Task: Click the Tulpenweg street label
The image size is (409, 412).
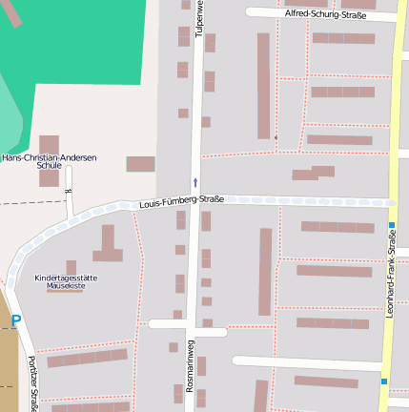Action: click(199, 18)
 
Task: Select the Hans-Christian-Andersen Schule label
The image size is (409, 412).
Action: click(50, 161)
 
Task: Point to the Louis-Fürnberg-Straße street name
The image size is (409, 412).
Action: click(181, 200)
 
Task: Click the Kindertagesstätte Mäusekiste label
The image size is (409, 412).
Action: click(66, 281)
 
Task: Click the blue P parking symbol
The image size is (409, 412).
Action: click(15, 322)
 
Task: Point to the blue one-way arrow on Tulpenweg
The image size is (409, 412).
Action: click(195, 181)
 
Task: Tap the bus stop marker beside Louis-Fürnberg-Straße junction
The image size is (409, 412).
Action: click(392, 226)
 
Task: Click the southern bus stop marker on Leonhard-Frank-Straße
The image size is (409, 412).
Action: click(384, 381)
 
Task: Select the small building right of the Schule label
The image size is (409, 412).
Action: click(140, 164)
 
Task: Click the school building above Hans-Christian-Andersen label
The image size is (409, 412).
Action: click(49, 144)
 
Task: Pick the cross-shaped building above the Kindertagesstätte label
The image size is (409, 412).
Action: click(108, 246)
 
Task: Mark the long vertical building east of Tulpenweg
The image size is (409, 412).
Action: click(264, 86)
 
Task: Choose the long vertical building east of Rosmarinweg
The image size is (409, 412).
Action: click(266, 271)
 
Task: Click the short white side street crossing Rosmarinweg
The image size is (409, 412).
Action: click(188, 332)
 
